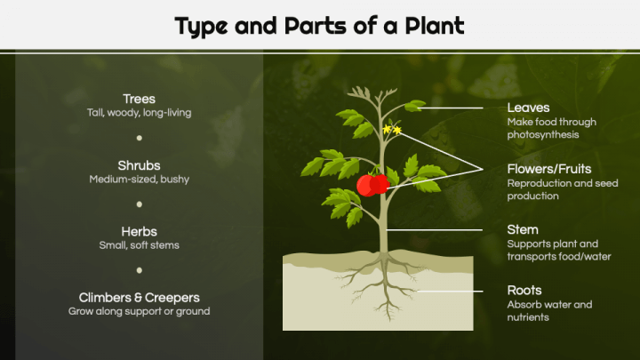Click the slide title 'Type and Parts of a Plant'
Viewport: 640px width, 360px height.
tap(319, 26)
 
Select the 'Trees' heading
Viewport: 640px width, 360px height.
tap(139, 99)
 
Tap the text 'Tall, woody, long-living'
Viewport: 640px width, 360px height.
tap(139, 114)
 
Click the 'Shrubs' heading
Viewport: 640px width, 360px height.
tap(139, 165)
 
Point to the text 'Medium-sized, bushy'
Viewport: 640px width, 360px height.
tap(139, 180)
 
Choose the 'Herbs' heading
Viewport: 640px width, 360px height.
tap(139, 230)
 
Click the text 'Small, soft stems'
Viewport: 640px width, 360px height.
tap(139, 245)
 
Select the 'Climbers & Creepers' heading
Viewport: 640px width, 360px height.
tap(139, 297)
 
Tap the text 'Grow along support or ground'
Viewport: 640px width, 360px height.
tap(139, 312)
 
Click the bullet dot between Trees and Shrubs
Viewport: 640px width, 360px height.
tap(140, 139)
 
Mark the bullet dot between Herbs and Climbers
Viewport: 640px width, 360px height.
tap(140, 270)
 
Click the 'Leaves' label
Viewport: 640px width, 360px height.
tap(528, 108)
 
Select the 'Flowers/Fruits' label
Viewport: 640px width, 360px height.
tap(548, 169)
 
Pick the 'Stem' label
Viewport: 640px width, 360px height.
tap(523, 229)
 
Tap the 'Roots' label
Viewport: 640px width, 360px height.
tap(524, 291)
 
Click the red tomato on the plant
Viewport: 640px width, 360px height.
tap(372, 184)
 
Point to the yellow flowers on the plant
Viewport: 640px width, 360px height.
tap(391, 131)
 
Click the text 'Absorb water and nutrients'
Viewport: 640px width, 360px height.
tap(548, 311)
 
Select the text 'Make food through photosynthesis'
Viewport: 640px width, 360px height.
tap(551, 128)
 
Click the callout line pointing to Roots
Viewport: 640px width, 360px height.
tap(453, 291)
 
